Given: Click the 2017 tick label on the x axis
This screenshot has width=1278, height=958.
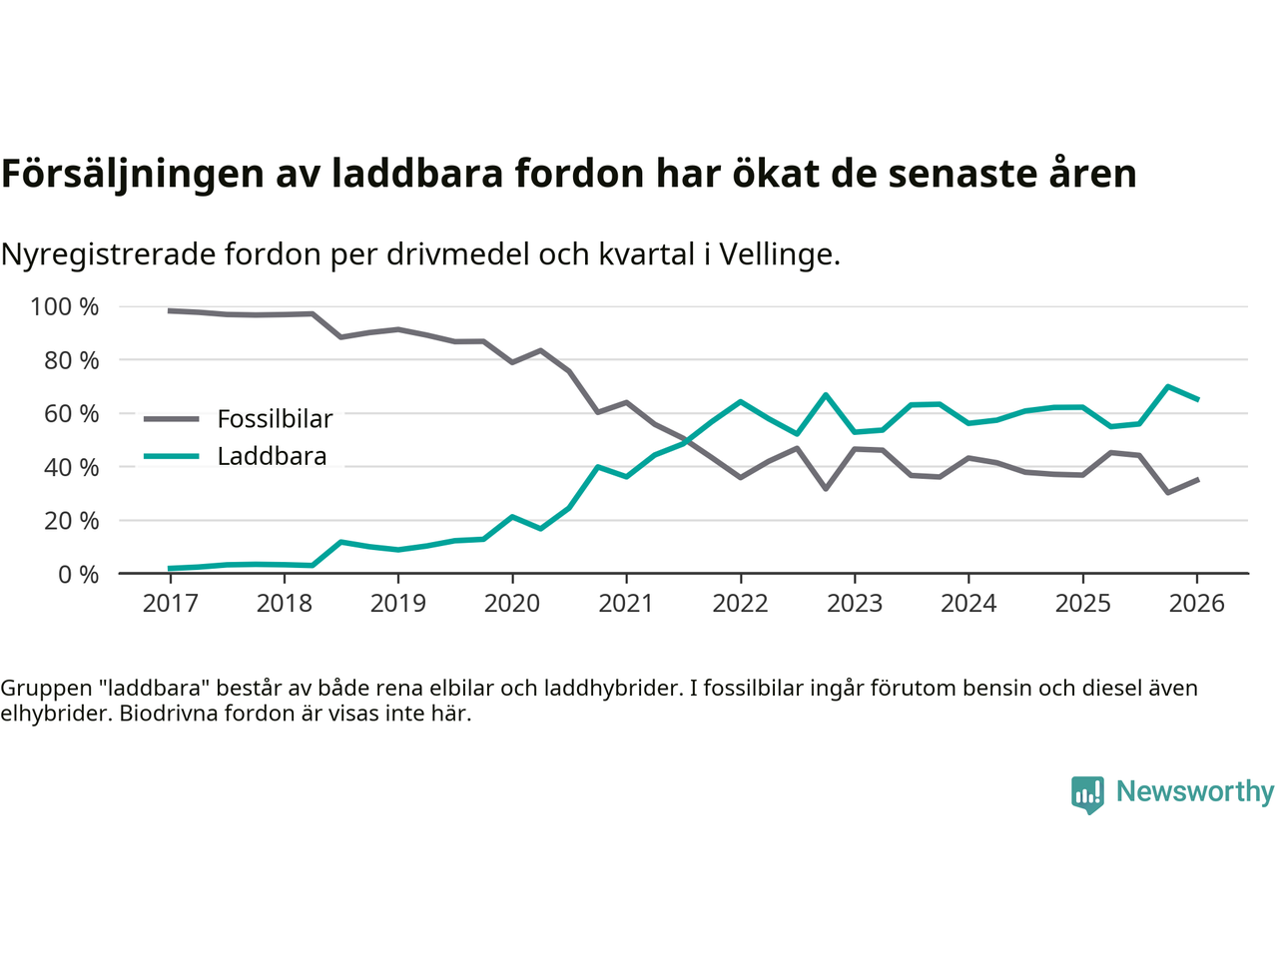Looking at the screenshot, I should [170, 604].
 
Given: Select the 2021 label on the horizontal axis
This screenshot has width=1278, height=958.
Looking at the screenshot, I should [626, 604].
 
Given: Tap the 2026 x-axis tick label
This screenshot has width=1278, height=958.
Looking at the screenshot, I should [1196, 604].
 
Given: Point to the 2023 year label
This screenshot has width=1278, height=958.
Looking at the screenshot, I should [854, 604].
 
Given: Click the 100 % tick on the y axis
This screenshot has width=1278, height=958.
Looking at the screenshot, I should [65, 306].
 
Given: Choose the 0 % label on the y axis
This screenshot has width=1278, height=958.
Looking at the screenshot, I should [78, 574].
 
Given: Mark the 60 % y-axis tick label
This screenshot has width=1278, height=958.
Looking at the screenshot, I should [71, 413].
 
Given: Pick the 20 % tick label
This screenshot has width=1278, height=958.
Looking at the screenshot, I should [71, 520].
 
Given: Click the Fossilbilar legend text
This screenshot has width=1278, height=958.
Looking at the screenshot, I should [275, 419].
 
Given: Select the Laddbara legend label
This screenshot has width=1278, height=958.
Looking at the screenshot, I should [272, 456].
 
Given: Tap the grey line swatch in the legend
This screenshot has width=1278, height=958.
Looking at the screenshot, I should [172, 419].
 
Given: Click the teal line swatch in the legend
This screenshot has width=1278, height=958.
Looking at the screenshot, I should [172, 456].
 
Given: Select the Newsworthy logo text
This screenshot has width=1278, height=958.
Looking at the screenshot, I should [1194, 791].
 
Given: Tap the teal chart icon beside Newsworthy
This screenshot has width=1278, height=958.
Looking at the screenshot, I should [1087, 794].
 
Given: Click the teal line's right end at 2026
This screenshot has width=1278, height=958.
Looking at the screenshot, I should [1197, 399].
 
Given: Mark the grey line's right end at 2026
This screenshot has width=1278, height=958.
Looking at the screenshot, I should [1197, 480].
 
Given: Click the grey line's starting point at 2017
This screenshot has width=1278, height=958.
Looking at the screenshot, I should [170, 310].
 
